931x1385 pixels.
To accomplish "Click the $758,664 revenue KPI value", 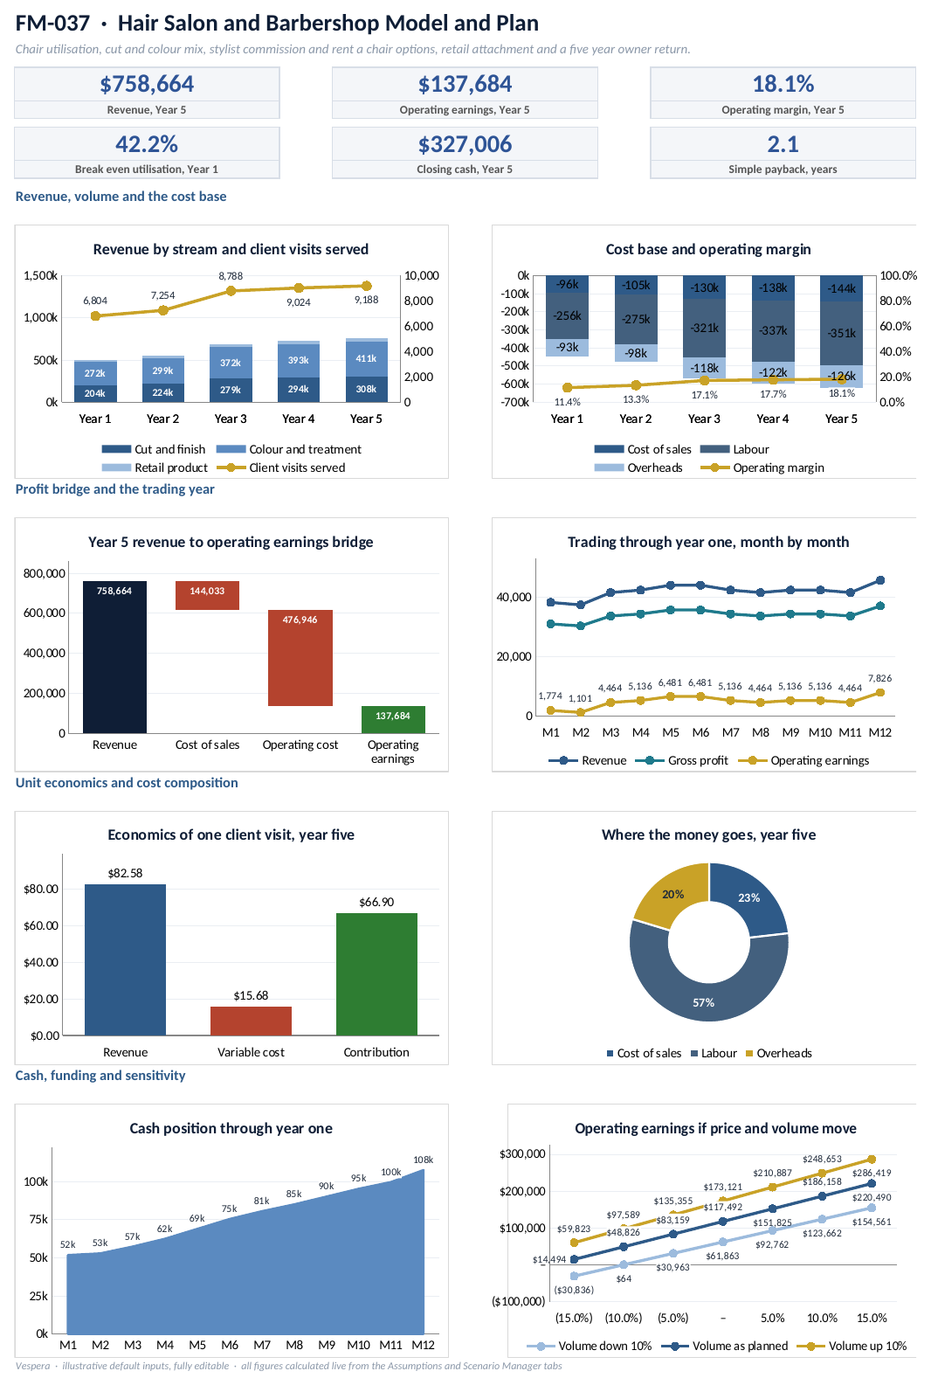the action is [147, 84].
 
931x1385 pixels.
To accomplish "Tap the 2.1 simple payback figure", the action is [783, 144].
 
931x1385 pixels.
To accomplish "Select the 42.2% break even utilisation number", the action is [147, 144].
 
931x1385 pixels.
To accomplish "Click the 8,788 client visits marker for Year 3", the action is [231, 291].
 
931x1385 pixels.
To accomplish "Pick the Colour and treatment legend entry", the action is [289, 449].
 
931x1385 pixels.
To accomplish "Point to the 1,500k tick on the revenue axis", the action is [40, 275].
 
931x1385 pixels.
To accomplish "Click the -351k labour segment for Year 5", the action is [841, 333].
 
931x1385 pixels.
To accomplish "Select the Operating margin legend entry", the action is [762, 468].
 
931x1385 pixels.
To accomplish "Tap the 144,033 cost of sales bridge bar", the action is [207, 595].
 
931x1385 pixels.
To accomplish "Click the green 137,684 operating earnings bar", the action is [393, 720].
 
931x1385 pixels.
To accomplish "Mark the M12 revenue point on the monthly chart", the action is [880, 580].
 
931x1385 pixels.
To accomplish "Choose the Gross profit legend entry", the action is [682, 760].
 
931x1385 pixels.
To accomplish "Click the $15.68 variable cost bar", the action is [251, 1021].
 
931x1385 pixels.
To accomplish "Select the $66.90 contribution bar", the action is [376, 973].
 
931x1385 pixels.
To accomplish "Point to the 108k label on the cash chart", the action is [424, 1160].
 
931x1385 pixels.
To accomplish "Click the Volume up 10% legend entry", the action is [852, 1346].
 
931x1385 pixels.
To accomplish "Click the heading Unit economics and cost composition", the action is [127, 783].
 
